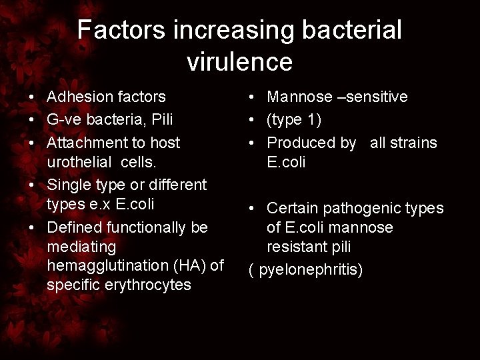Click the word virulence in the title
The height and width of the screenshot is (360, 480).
(x=239, y=62)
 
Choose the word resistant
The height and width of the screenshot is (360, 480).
(x=299, y=247)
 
